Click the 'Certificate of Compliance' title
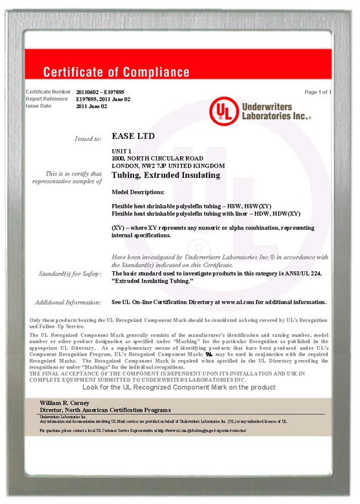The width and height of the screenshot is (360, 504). [116, 72]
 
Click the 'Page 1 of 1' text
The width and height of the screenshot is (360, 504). [318, 92]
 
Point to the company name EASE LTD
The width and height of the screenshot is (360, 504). [134, 136]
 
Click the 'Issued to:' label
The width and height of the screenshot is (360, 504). [88, 139]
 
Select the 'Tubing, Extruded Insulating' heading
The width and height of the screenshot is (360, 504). [166, 175]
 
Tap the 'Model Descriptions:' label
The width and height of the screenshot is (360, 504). [138, 192]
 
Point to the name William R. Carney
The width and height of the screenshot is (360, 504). [66, 402]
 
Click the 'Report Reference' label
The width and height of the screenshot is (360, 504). [46, 99]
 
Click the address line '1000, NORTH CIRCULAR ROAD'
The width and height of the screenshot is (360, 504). [157, 158]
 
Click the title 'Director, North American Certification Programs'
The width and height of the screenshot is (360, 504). [105, 410]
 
